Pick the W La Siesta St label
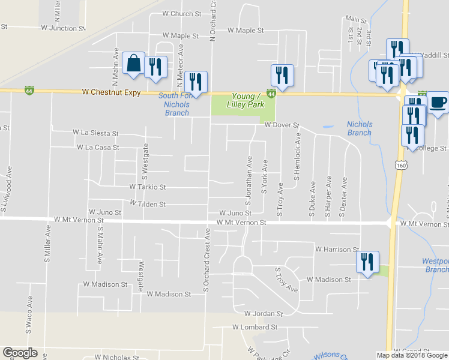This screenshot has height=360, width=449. [95, 133]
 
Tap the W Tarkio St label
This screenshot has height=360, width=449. [147, 187]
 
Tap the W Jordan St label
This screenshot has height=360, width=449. [263, 314]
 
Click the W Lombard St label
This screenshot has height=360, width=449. [255, 328]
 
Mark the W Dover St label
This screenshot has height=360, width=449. [279, 125]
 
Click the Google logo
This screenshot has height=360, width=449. [20, 353]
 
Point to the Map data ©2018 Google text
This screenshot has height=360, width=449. [412, 355]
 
